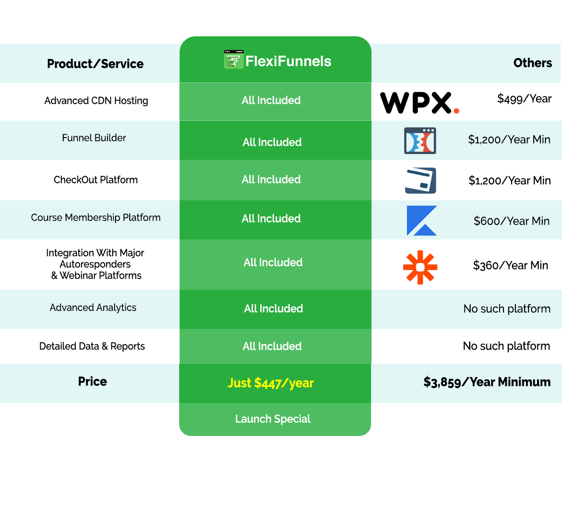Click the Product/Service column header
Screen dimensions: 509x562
point(95,64)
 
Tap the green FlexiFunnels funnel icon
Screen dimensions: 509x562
point(233,60)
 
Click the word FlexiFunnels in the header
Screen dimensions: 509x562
point(288,61)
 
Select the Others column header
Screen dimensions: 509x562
point(532,63)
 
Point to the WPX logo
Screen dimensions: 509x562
point(419,103)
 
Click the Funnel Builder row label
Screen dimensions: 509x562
point(94,138)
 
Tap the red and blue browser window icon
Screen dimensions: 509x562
point(420,140)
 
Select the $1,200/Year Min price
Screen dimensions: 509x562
point(509,140)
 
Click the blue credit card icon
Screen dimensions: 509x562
point(419,180)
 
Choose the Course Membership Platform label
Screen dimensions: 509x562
point(96,218)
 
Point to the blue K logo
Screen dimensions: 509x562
point(421,221)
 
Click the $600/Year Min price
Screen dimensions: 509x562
point(511,221)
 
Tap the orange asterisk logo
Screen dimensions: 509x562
point(420,267)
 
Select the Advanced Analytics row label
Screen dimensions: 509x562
point(93,308)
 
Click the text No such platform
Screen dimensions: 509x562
point(506,309)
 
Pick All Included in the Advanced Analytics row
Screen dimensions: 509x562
point(273,309)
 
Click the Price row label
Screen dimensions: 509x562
point(92,381)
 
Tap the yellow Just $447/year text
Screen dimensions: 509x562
point(271,383)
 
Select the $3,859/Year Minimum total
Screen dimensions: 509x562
point(487,382)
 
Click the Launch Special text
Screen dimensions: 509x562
point(273,419)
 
